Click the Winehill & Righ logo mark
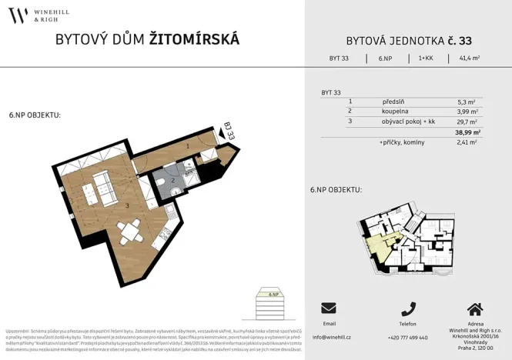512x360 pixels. point(18,15)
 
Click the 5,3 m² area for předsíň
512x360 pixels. point(467,102)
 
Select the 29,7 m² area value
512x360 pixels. point(467,122)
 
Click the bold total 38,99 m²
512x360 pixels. point(467,132)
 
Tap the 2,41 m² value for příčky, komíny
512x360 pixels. point(467,142)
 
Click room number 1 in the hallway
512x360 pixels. point(187,145)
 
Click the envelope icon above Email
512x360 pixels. point(329,308)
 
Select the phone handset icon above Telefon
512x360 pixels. point(408,308)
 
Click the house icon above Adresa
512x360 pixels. point(475,308)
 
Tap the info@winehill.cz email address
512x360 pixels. point(332,338)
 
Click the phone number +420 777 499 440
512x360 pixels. point(408,338)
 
